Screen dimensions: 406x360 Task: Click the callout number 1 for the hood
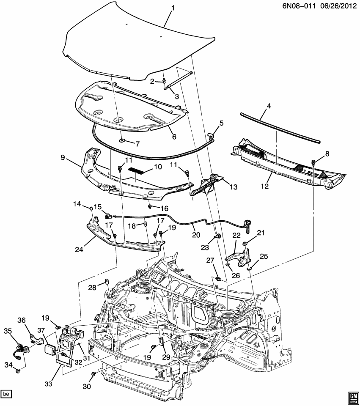pos(173,8)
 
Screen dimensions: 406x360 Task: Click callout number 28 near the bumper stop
pos(92,288)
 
